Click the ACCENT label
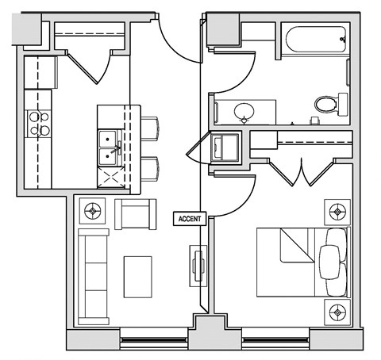pos(190,217)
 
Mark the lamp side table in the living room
pos(94,212)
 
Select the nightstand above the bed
pos(337,212)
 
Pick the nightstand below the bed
pos(337,308)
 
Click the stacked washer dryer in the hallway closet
pos(227,147)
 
